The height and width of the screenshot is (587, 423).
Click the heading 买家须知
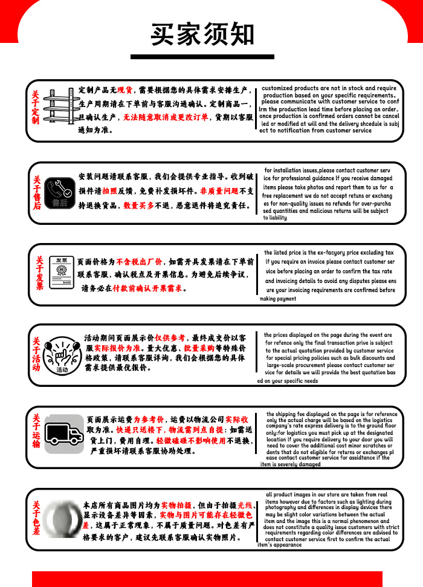(x=202, y=34)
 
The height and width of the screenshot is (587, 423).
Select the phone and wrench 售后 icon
(x=59, y=193)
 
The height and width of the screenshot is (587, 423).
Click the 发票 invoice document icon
(x=62, y=273)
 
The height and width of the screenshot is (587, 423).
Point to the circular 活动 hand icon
(x=62, y=355)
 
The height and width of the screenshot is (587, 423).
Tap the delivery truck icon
(x=64, y=434)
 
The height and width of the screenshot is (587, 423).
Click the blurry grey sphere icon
(x=62, y=519)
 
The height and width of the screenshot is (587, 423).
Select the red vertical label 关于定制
(x=35, y=107)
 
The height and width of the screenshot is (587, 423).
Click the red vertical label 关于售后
(x=37, y=192)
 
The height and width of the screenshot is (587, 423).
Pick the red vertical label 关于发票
(x=40, y=273)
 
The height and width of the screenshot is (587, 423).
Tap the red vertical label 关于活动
(x=36, y=354)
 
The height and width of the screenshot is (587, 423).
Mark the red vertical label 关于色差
(x=36, y=517)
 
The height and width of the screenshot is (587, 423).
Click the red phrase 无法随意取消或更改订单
(x=166, y=117)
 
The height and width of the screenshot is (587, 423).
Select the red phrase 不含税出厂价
(x=139, y=261)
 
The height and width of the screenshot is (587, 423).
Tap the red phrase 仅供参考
(x=170, y=338)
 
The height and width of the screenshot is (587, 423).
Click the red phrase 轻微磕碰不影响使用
(x=191, y=441)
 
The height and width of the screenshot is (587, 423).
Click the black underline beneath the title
(x=202, y=57)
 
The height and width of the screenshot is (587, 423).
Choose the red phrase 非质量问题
(x=219, y=191)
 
